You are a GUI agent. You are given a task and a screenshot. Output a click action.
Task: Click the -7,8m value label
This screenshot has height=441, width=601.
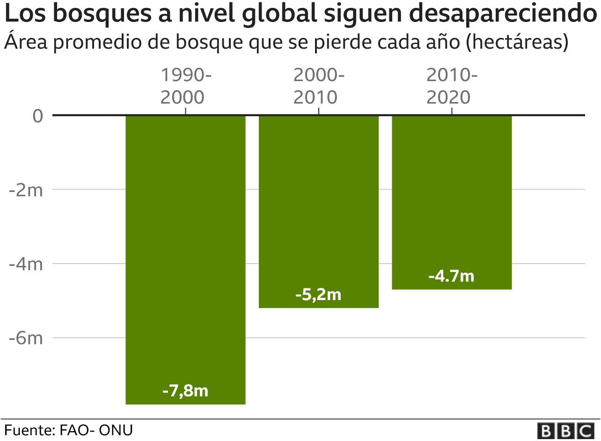[x=185, y=390]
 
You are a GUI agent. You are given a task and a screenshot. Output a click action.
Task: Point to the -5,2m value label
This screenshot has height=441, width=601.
[x=318, y=295]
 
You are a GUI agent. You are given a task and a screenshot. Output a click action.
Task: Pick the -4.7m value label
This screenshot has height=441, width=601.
[x=451, y=276]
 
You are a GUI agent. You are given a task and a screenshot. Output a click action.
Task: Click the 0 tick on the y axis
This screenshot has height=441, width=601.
[x=38, y=116]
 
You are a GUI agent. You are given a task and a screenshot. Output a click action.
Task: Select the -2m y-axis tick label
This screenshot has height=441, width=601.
[x=26, y=190]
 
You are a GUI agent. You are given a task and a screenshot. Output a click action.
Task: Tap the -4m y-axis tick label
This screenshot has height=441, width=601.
[x=26, y=264]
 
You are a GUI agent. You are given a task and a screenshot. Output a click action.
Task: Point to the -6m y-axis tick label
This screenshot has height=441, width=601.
[x=26, y=338]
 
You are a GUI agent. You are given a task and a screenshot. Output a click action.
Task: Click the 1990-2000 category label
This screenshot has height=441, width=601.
[x=185, y=87]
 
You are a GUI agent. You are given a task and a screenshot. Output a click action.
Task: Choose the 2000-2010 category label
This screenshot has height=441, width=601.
[x=318, y=87]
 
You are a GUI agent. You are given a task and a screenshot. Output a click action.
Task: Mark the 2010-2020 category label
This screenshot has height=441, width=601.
[x=452, y=87]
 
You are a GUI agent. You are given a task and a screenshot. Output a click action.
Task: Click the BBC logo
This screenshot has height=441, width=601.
[x=566, y=430]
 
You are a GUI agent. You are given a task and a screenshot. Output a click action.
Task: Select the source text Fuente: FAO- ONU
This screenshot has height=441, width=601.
[x=69, y=430]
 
